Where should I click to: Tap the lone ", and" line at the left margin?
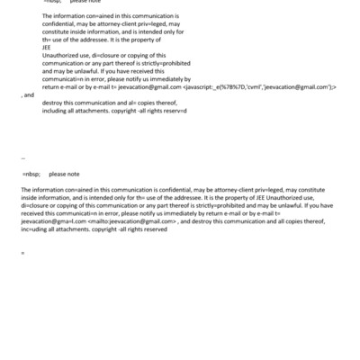tap(28, 94)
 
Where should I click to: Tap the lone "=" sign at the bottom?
tap(22, 252)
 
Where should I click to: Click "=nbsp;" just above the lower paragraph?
tap(31, 174)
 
